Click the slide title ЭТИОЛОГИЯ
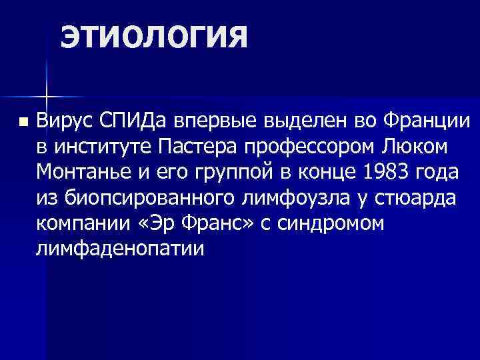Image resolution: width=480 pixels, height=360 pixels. (154, 38)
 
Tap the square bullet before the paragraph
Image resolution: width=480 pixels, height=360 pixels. (23, 123)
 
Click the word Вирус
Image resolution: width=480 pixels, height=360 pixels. (64, 121)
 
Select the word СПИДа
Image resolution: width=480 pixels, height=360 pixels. (135, 121)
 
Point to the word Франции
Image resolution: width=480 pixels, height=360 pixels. (427, 121)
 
